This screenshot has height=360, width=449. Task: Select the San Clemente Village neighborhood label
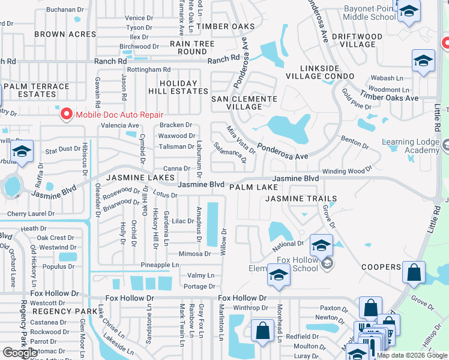tap(243, 103)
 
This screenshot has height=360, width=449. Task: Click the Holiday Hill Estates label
tap(178, 88)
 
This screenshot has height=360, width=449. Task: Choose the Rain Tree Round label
tap(192, 47)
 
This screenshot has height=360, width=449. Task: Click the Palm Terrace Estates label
tap(37, 90)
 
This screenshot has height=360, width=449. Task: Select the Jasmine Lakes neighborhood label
tap(140, 178)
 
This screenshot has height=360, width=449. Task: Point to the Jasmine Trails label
tap(301, 198)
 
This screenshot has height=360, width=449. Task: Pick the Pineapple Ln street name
tap(160, 265)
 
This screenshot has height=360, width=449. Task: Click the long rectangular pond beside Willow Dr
tap(212, 224)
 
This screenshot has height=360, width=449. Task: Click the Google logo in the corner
tap(19, 353)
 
